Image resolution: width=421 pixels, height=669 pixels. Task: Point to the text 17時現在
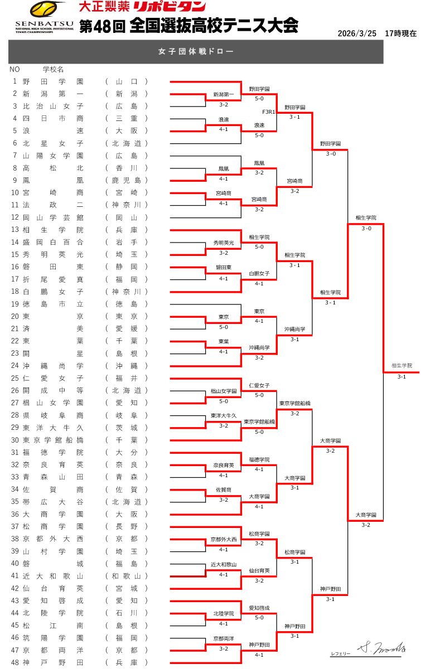[x=400, y=33]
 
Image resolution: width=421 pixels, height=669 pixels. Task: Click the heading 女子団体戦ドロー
[x=196, y=52]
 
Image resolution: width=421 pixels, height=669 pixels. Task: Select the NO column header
[x=14, y=70]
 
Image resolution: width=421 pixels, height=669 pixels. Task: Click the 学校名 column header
[x=53, y=70]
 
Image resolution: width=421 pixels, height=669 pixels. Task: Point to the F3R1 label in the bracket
[x=269, y=112]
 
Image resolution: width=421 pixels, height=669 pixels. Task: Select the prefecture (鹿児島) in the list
[x=127, y=180]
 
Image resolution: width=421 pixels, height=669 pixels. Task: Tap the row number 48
[x=14, y=663]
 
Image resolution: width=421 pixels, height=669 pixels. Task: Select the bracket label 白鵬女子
[x=259, y=274]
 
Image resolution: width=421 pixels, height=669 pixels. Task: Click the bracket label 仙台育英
[x=259, y=571]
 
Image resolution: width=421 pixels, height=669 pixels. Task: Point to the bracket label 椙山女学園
[x=224, y=391]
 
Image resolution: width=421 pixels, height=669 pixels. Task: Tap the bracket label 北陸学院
[x=224, y=614]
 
